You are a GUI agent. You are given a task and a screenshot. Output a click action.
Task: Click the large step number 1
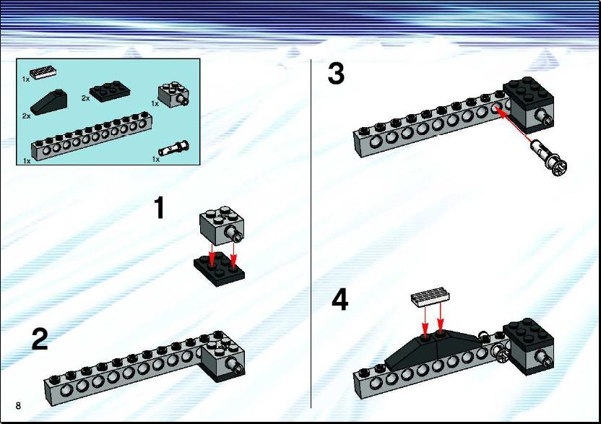coord(160,208)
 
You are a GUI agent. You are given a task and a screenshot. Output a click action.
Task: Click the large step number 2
coord(40,339)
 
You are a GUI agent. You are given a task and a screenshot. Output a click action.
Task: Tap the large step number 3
coord(336,74)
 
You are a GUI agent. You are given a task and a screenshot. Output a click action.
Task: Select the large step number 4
coord(340,300)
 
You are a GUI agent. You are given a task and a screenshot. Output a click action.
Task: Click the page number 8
coord(18,406)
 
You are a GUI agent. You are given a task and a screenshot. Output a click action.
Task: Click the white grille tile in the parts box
coord(43,72)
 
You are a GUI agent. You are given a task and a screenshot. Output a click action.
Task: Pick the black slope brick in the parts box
coord(49,102)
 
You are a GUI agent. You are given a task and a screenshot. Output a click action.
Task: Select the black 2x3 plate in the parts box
coord(110,91)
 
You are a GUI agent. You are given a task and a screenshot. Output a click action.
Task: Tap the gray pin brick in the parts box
coord(173,95)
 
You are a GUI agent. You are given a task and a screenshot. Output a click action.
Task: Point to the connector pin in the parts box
coord(174,148)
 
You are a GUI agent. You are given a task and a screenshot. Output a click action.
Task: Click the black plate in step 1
coord(219,269)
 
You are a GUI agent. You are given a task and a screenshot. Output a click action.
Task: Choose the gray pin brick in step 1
coord(222,225)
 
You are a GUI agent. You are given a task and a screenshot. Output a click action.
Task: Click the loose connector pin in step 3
coord(548,157)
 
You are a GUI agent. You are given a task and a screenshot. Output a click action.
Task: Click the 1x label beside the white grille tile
coord(26,79)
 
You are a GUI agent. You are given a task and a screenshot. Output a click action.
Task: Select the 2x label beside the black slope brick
coord(26,116)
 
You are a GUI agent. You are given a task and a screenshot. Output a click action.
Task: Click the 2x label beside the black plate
coord(85,98)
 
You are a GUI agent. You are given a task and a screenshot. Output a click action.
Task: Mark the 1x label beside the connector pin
coord(155,159)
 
